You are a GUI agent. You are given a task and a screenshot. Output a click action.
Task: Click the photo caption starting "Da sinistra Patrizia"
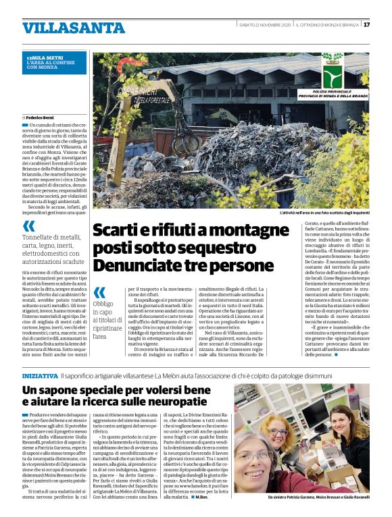point(318,498)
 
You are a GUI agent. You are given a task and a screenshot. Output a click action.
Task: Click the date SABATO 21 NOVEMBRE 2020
point(265,25)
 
